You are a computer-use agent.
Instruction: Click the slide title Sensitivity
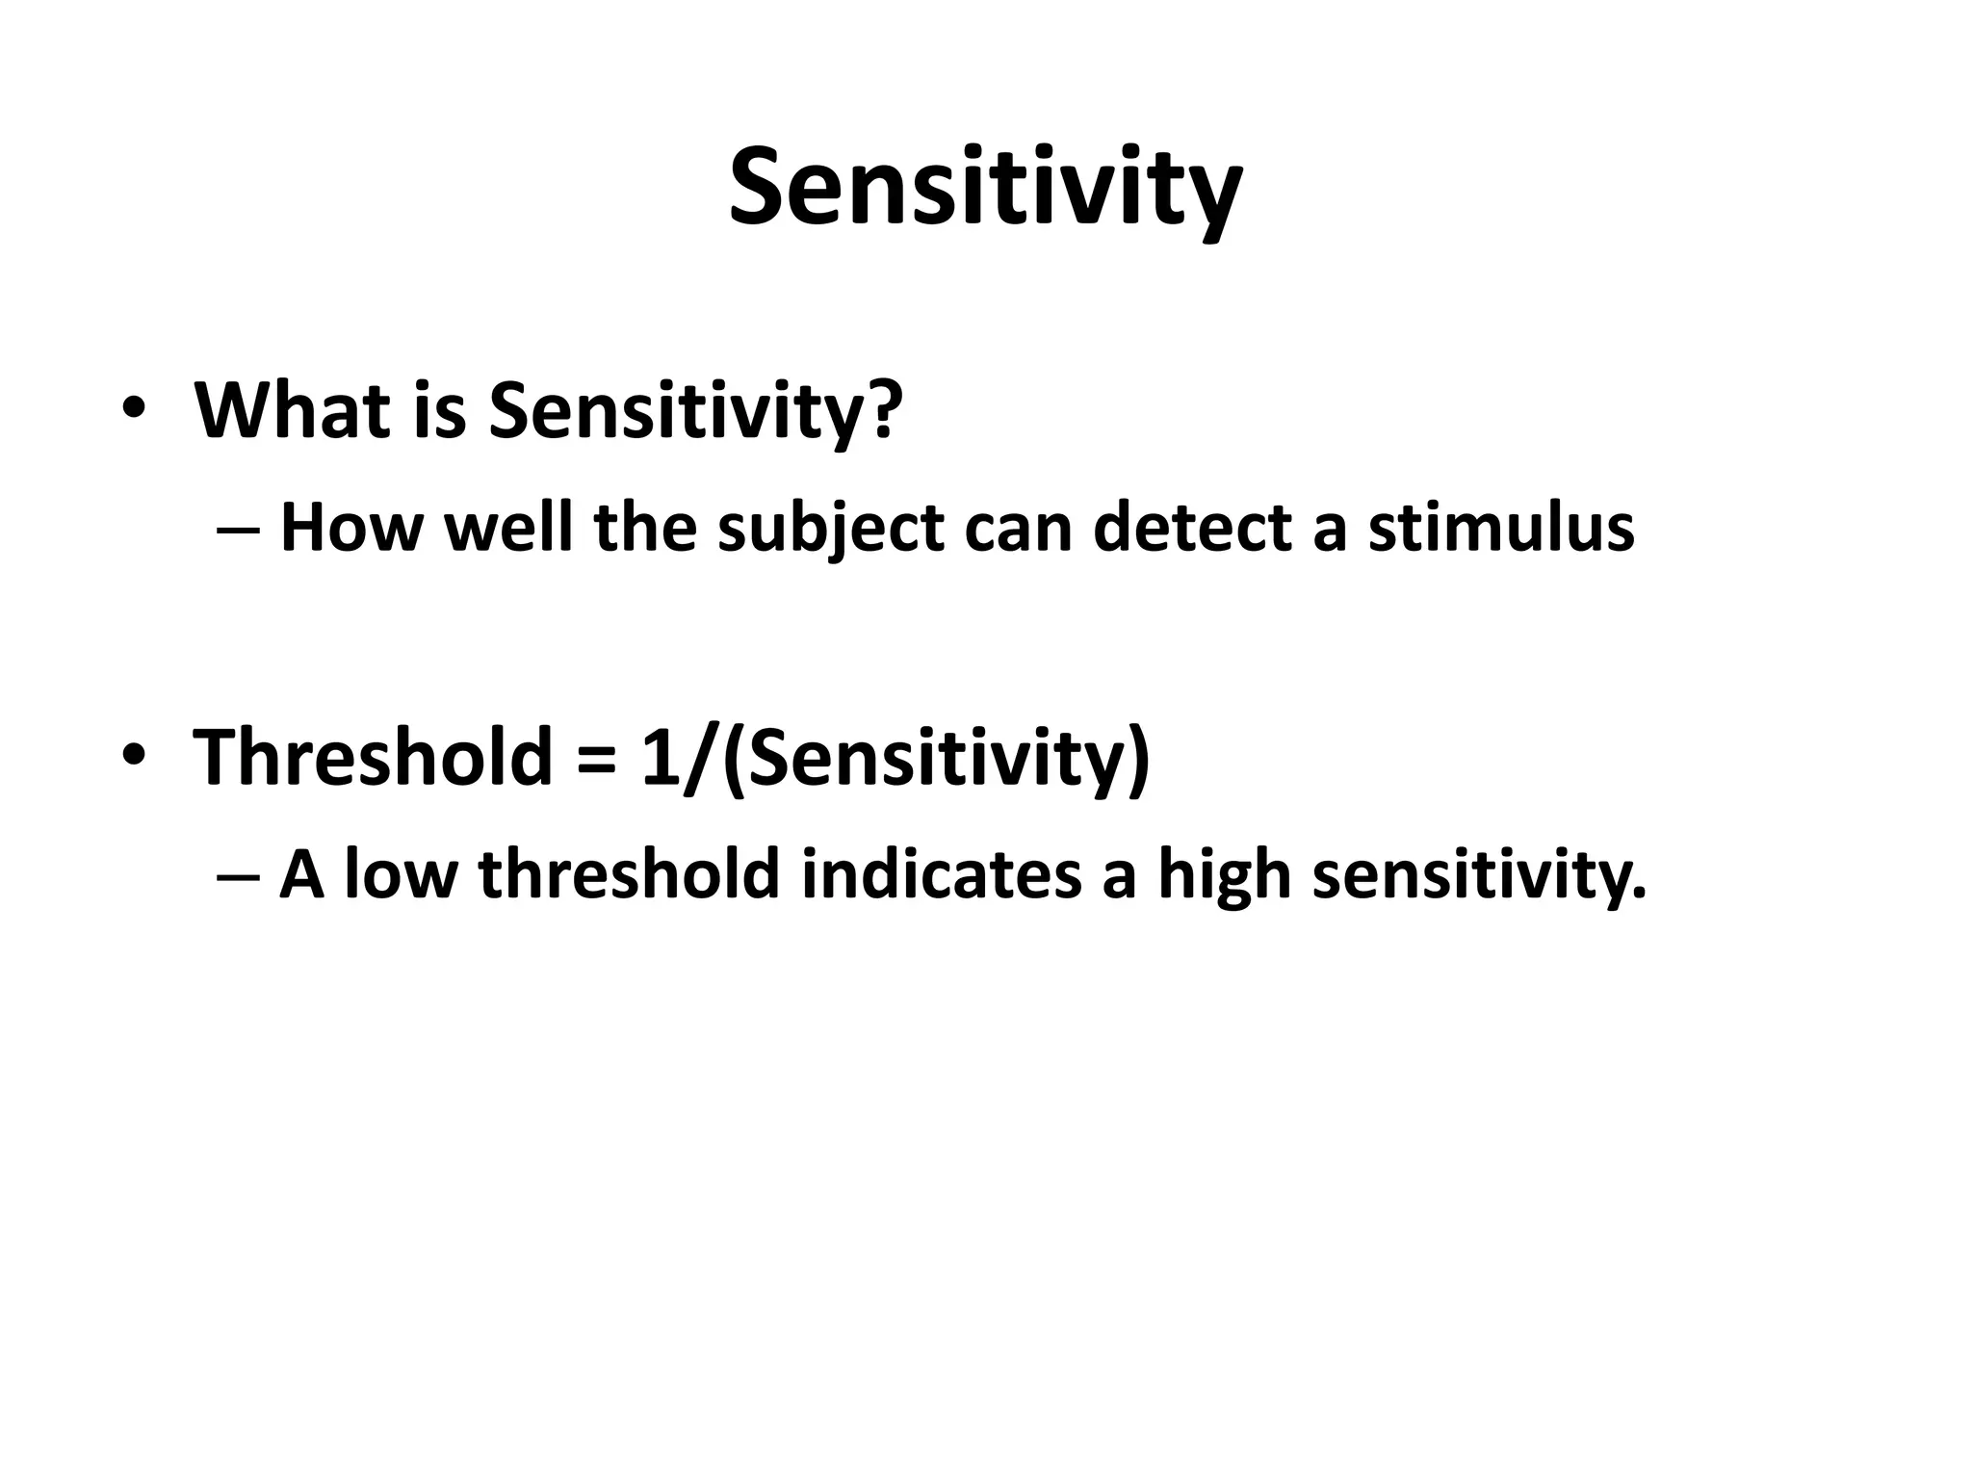(985, 188)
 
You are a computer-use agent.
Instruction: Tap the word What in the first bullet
(290, 410)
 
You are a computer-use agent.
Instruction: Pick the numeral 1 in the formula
(659, 757)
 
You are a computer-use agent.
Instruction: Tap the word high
(1223, 876)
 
